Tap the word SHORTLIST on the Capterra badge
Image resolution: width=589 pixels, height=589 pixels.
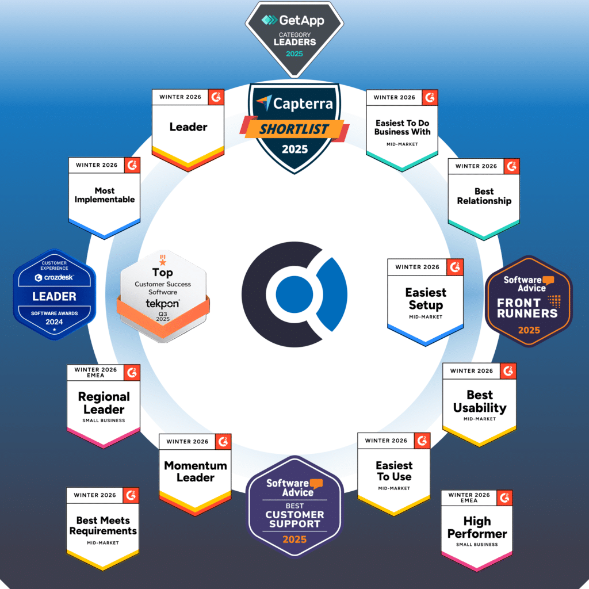click(294, 129)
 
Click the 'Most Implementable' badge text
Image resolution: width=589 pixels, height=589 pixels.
click(105, 195)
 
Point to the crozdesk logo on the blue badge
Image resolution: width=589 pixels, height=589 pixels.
click(55, 278)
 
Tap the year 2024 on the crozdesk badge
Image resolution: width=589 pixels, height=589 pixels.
click(54, 322)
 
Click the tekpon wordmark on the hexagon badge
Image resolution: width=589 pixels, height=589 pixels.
click(163, 303)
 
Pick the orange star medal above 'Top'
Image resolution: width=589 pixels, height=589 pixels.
click(163, 260)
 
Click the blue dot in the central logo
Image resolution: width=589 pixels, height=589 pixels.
click(294, 294)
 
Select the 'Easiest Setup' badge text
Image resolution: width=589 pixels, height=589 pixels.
click(426, 299)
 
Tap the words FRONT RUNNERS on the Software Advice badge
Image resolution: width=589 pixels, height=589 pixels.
click(527, 308)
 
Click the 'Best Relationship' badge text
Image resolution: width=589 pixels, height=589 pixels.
click(484, 196)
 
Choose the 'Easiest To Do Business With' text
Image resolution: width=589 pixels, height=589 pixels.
click(402, 127)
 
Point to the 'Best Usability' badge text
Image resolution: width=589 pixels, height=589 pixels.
click(480, 401)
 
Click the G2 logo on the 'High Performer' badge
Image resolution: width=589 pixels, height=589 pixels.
click(504, 498)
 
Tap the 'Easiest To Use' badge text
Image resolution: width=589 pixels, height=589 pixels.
click(394, 471)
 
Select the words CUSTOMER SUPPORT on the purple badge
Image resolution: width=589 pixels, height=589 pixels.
click(294, 519)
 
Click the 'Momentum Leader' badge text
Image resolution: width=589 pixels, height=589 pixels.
click(196, 472)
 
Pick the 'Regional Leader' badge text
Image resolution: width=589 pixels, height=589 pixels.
click(104, 403)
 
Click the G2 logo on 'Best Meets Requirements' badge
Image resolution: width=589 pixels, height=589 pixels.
click(131, 495)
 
